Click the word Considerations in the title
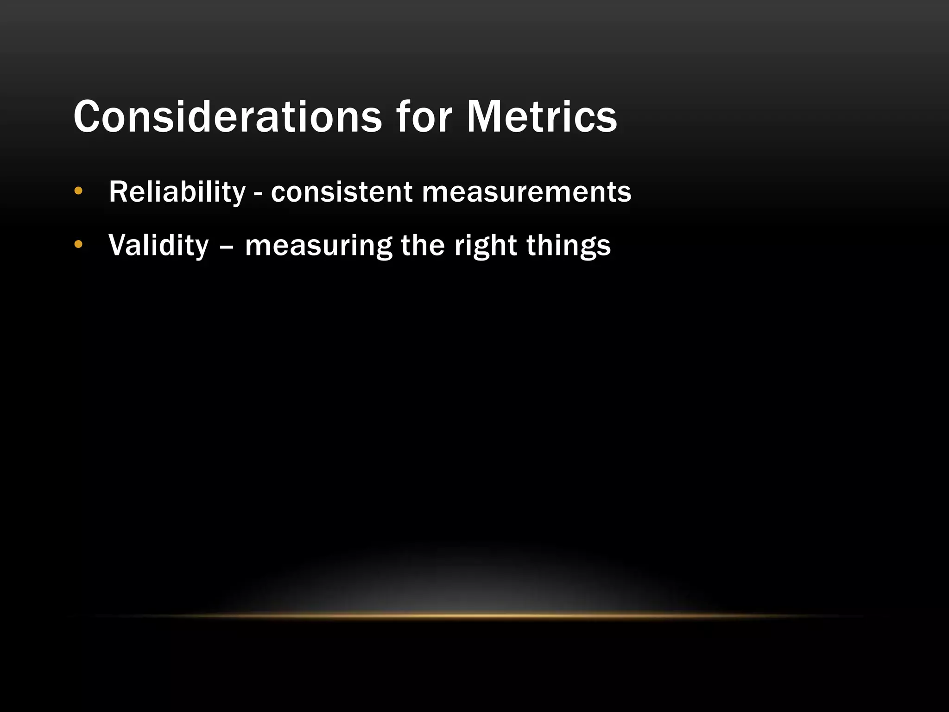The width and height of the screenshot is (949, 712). tap(227, 116)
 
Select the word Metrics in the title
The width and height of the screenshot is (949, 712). tap(541, 116)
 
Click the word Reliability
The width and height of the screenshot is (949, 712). tap(177, 192)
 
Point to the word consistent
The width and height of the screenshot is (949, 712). tap(342, 192)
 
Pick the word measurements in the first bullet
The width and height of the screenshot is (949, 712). tap(526, 192)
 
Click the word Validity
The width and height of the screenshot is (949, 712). tap(158, 245)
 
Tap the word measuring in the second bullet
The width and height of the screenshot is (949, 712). tap(318, 246)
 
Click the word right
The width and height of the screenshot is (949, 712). tap(485, 246)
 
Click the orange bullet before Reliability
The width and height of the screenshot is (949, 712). tap(78, 191)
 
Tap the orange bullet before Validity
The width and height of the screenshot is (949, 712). tap(78, 244)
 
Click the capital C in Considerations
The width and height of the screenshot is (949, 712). tap(89, 116)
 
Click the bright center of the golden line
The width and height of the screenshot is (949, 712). tap(474, 616)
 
